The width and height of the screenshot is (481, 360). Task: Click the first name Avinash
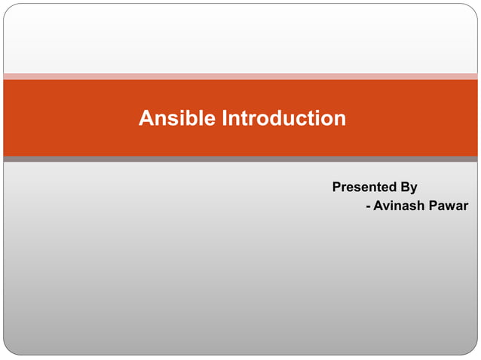click(x=400, y=206)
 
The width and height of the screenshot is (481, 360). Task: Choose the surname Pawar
click(x=449, y=206)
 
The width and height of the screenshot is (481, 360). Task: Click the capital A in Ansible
click(x=146, y=118)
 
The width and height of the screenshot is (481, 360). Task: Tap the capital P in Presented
click(x=337, y=187)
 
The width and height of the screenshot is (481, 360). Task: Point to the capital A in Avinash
click(x=378, y=206)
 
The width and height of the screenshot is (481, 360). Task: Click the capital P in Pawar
click(x=435, y=206)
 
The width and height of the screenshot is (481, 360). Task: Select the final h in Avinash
click(x=422, y=206)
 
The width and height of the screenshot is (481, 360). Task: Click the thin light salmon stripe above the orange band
click(x=240, y=76)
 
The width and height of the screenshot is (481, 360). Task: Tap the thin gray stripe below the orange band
click(x=240, y=159)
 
